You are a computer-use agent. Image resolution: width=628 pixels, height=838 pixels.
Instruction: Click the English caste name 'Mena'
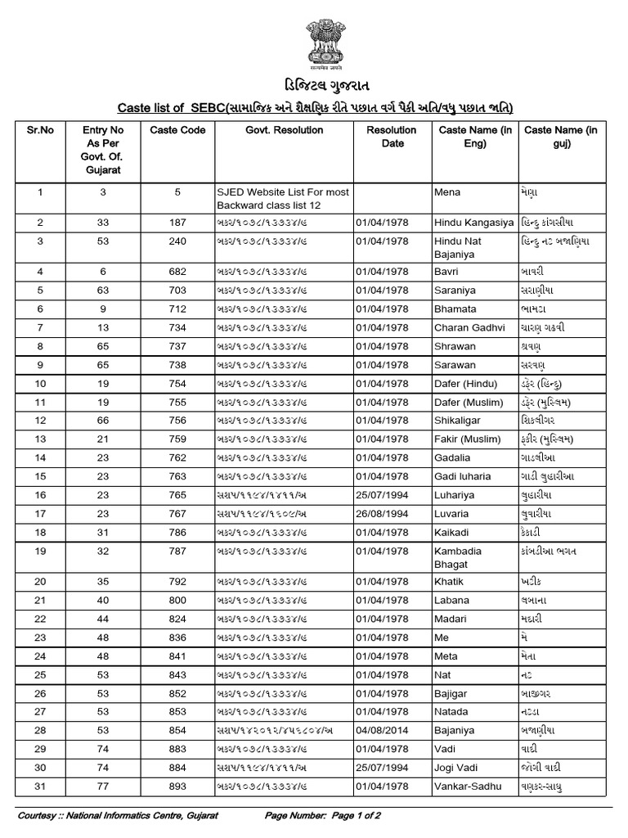tap(447, 192)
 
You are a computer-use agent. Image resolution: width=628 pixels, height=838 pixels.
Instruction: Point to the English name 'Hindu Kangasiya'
tap(473, 222)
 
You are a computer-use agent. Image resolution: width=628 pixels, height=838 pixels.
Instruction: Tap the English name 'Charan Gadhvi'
tap(468, 327)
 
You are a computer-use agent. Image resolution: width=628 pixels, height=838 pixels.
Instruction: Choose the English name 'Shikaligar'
tap(459, 421)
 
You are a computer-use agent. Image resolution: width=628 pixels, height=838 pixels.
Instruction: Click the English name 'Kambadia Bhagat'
tap(458, 557)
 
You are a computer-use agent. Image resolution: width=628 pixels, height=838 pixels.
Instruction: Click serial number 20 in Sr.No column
tap(40, 582)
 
